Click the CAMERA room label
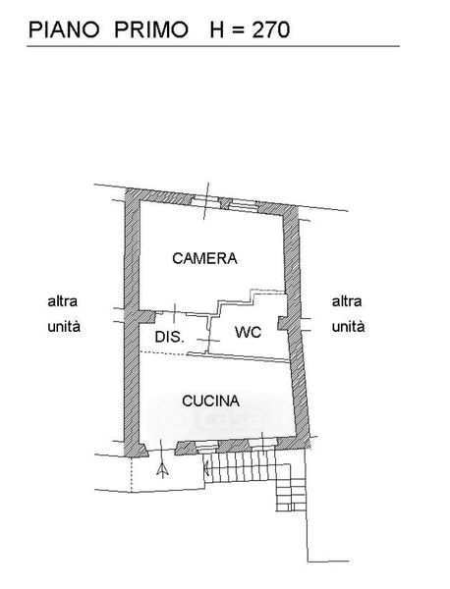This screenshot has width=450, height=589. click(204, 258)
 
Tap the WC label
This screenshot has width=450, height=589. click(249, 332)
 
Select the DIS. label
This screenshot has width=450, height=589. click(170, 337)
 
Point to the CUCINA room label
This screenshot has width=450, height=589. click(210, 402)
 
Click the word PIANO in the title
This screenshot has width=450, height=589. click(64, 29)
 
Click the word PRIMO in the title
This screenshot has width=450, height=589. click(151, 29)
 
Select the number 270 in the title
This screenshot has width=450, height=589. click(270, 29)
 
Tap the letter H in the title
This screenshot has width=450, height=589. click(217, 29)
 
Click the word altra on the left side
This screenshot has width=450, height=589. click(63, 301)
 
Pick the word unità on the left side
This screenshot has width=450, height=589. click(64, 326)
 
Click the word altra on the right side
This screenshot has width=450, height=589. click(347, 301)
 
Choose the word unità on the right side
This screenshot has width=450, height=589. click(348, 326)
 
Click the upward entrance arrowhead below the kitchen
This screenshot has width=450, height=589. click(162, 470)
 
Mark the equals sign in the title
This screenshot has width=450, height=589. click(238, 30)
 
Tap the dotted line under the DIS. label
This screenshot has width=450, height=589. click(163, 352)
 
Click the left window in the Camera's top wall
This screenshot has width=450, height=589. click(205, 201)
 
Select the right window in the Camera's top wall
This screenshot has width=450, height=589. click(243, 205)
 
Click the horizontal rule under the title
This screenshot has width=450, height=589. click(213, 46)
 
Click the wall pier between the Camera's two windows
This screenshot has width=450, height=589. click(224, 203)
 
